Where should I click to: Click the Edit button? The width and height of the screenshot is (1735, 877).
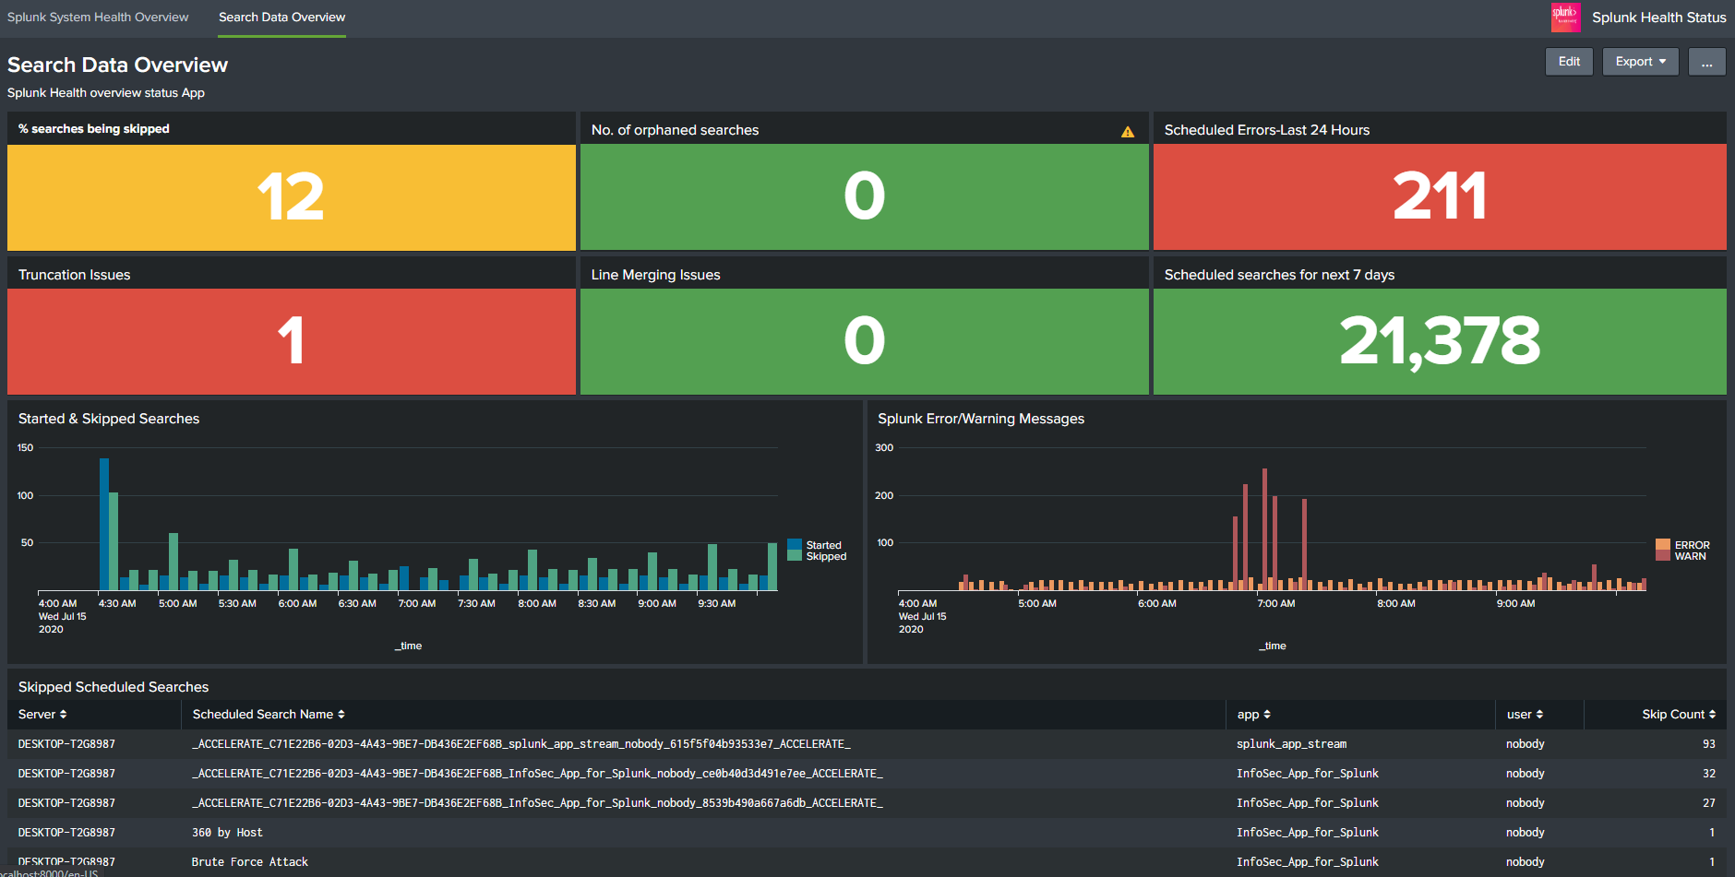[1568, 62]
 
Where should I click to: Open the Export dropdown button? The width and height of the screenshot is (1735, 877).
[1640, 62]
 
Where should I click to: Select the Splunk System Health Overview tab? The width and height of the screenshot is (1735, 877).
[98, 18]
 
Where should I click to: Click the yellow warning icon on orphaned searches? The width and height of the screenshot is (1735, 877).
[1127, 132]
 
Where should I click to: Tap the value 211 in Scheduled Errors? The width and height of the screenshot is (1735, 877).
[1439, 196]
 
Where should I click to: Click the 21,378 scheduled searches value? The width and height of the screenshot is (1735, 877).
[1439, 341]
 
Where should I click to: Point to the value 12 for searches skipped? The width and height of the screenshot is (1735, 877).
[291, 196]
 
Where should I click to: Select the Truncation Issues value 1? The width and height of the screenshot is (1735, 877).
[291, 341]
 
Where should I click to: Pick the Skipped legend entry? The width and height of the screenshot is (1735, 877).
[825, 557]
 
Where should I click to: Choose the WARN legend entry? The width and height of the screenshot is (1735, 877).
[1689, 557]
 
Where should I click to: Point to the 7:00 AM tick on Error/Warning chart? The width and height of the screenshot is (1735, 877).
[1275, 603]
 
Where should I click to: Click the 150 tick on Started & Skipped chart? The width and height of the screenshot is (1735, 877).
[25, 448]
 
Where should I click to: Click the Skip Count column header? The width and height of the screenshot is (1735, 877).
[1677, 715]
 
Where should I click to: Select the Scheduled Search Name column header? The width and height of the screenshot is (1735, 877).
[268, 715]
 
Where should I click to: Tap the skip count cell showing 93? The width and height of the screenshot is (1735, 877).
[1708, 744]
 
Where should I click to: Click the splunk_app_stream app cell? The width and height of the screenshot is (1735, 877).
[1291, 744]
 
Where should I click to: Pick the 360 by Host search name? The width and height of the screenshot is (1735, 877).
[227, 833]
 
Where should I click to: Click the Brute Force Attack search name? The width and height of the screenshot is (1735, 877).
[249, 862]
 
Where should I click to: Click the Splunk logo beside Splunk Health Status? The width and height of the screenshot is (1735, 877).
[1565, 18]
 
